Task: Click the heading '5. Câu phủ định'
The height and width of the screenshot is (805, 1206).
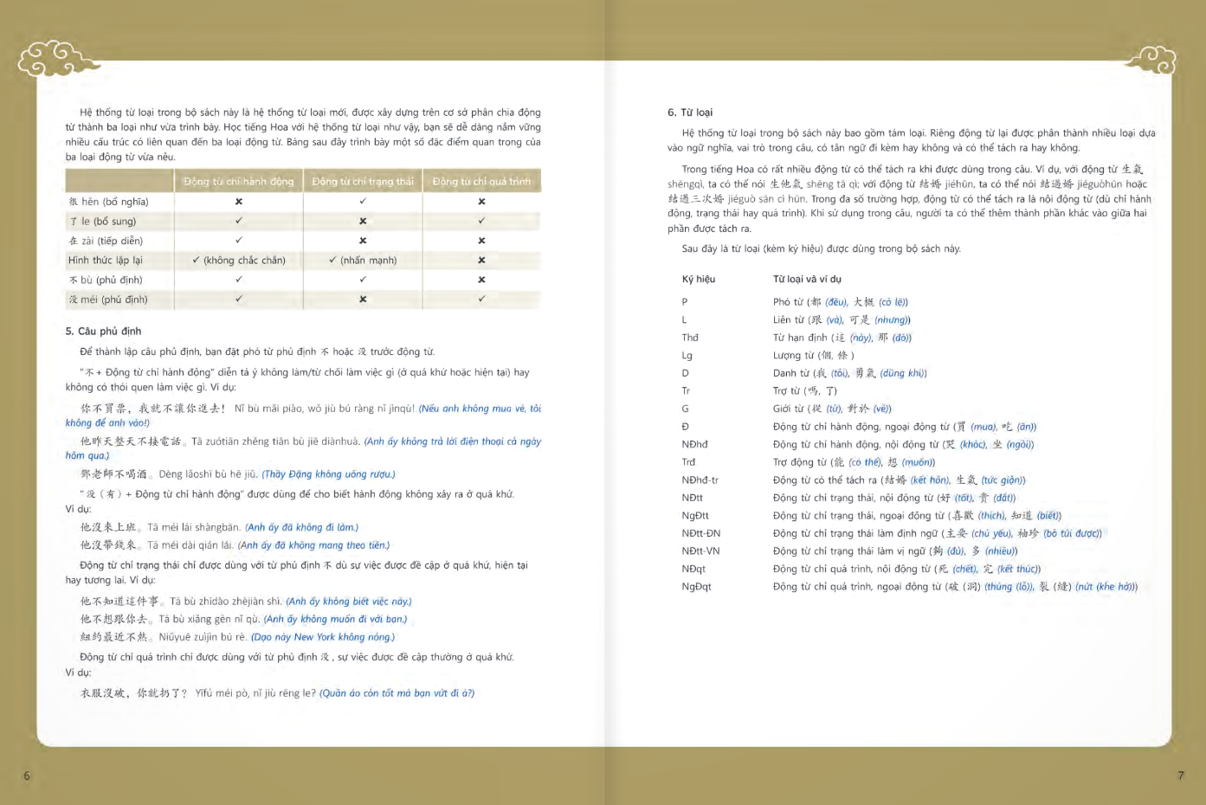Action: pyautogui.click(x=103, y=331)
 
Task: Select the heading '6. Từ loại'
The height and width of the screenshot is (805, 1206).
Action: pyautogui.click(x=689, y=113)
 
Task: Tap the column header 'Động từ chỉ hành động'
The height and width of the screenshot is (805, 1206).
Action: pyautogui.click(x=238, y=181)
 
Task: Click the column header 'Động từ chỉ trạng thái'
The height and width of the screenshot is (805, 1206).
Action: pyautogui.click(x=363, y=181)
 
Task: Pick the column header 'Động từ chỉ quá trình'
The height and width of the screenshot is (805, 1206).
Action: pyautogui.click(x=481, y=181)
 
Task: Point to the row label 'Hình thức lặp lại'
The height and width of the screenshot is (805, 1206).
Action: pyautogui.click(x=106, y=260)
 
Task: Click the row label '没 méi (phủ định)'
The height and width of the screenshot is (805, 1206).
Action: pyautogui.click(x=109, y=299)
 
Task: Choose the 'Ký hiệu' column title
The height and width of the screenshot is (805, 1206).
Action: pyautogui.click(x=698, y=279)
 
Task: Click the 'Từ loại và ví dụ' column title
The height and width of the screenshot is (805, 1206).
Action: pyautogui.click(x=807, y=279)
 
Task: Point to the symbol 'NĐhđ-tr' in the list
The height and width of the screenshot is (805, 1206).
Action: pyautogui.click(x=700, y=480)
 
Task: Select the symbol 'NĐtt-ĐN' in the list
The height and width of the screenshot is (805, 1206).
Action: pyautogui.click(x=700, y=533)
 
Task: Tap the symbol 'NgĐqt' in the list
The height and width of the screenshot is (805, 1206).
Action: pyautogui.click(x=696, y=586)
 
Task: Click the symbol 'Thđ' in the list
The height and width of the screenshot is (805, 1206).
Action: pyautogui.click(x=689, y=338)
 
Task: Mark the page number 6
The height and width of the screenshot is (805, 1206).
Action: pyautogui.click(x=26, y=776)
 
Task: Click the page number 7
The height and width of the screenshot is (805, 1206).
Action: pyautogui.click(x=1181, y=776)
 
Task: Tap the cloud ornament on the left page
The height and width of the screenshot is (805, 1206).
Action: pyautogui.click(x=56, y=59)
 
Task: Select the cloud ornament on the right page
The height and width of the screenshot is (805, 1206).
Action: pyautogui.click(x=1152, y=59)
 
